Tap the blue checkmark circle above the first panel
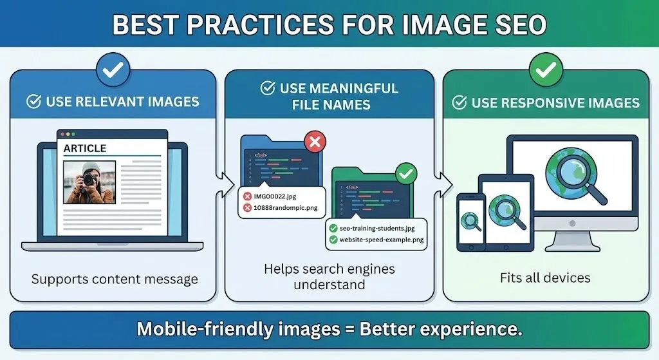click(x=113, y=70)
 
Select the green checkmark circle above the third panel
click(x=546, y=70)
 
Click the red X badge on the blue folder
click(x=314, y=142)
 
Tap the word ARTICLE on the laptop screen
click(x=84, y=149)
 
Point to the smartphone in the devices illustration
click(x=470, y=222)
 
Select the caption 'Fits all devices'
click(x=545, y=278)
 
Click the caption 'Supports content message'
click(x=115, y=279)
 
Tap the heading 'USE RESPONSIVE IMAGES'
click(x=555, y=103)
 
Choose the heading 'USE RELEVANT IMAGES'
click(x=122, y=102)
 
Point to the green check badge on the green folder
click(x=405, y=173)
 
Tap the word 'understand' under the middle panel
click(x=329, y=285)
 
